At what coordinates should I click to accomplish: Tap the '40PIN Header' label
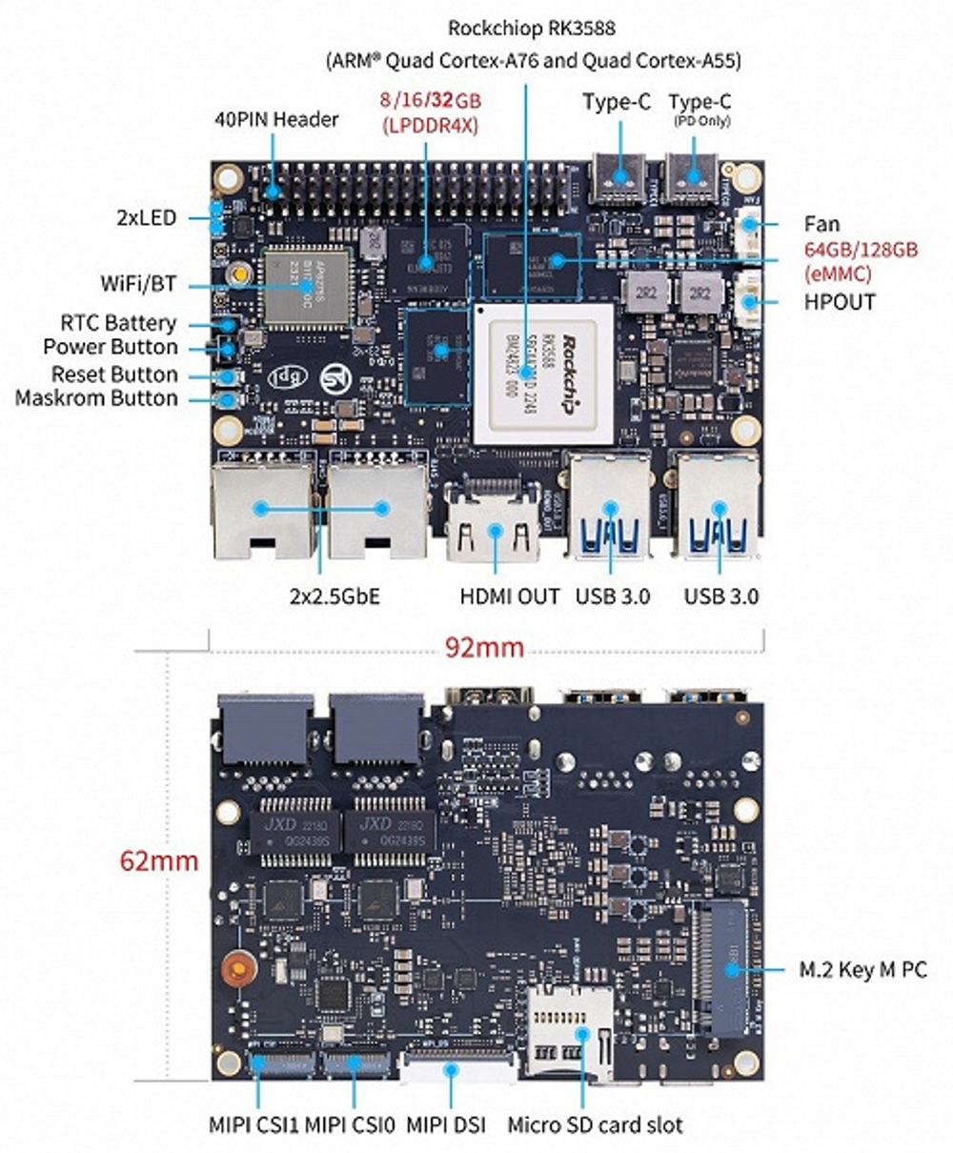pyautogui.click(x=275, y=119)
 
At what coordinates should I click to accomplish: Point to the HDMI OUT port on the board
pyautogui.click(x=494, y=524)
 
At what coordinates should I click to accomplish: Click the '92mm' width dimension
pyautogui.click(x=484, y=648)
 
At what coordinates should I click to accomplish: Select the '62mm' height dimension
pyautogui.click(x=159, y=860)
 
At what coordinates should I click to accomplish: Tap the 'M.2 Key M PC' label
pyautogui.click(x=862, y=970)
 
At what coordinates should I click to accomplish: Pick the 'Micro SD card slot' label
pyautogui.click(x=595, y=1124)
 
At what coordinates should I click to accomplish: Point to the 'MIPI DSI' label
pyautogui.click(x=446, y=1124)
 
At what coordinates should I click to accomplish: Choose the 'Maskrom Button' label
pyautogui.click(x=96, y=398)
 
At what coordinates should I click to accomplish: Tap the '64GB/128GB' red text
pyautogui.click(x=861, y=250)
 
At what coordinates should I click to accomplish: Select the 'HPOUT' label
pyautogui.click(x=840, y=302)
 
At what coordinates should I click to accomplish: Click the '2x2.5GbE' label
pyautogui.click(x=334, y=597)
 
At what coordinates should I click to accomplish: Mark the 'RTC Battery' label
pyautogui.click(x=118, y=323)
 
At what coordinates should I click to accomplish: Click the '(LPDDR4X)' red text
pyautogui.click(x=429, y=125)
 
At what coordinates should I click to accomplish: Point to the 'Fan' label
pyautogui.click(x=821, y=225)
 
